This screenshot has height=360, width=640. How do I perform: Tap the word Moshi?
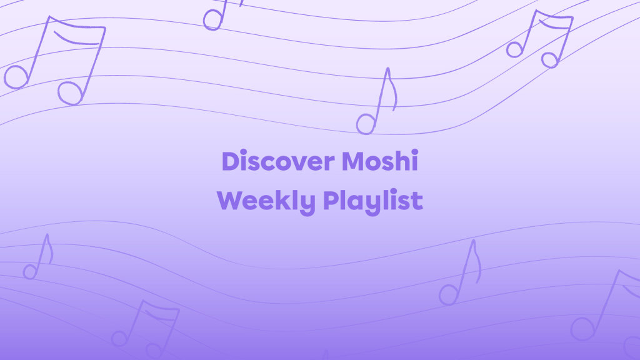[x=379, y=162]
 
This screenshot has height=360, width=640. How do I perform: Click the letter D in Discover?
[x=231, y=162]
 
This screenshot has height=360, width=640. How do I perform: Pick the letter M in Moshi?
[x=354, y=162]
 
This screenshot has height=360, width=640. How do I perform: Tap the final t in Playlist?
[x=417, y=201]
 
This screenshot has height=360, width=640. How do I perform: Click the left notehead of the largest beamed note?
[x=16, y=77]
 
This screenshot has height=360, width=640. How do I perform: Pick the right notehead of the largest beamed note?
[x=70, y=93]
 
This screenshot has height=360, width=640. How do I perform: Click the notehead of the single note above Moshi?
[x=366, y=124]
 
